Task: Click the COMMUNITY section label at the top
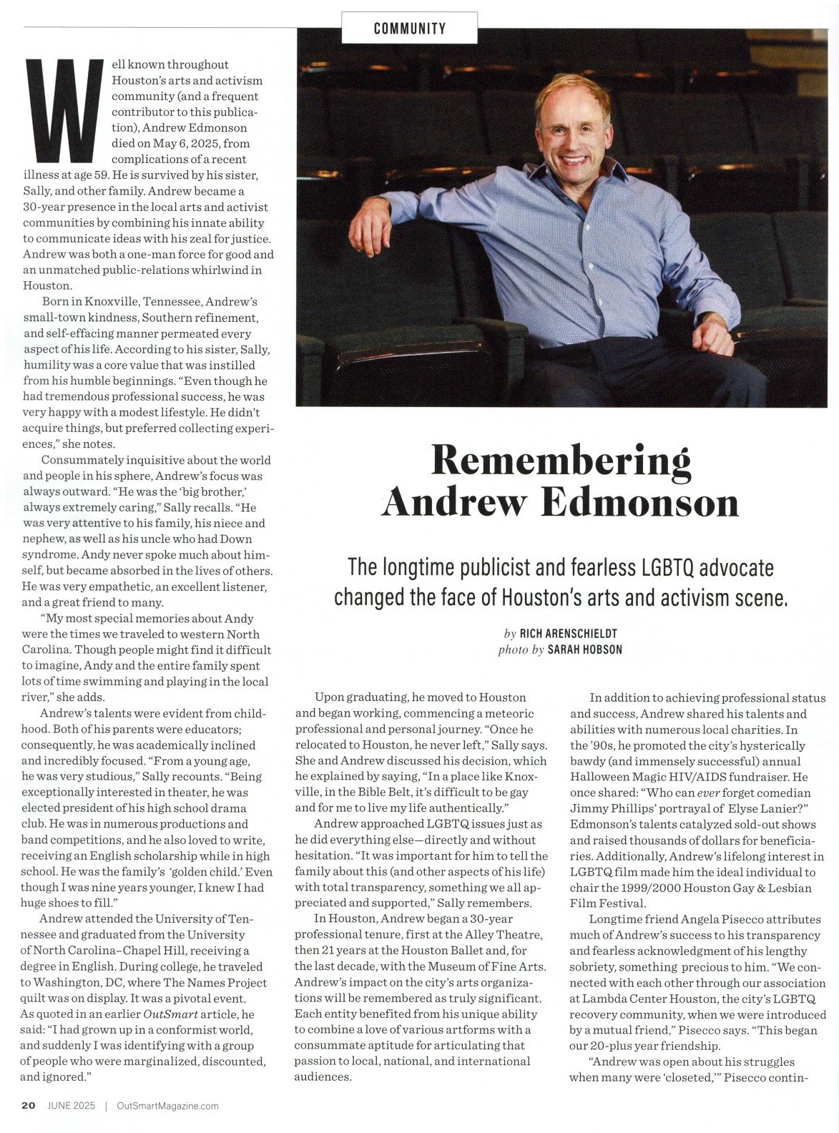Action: click(x=409, y=29)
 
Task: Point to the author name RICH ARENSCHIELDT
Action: click(x=568, y=634)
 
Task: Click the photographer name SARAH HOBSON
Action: click(x=584, y=649)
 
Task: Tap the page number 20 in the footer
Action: click(x=29, y=1105)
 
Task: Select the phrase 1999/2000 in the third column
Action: click(x=669, y=888)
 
